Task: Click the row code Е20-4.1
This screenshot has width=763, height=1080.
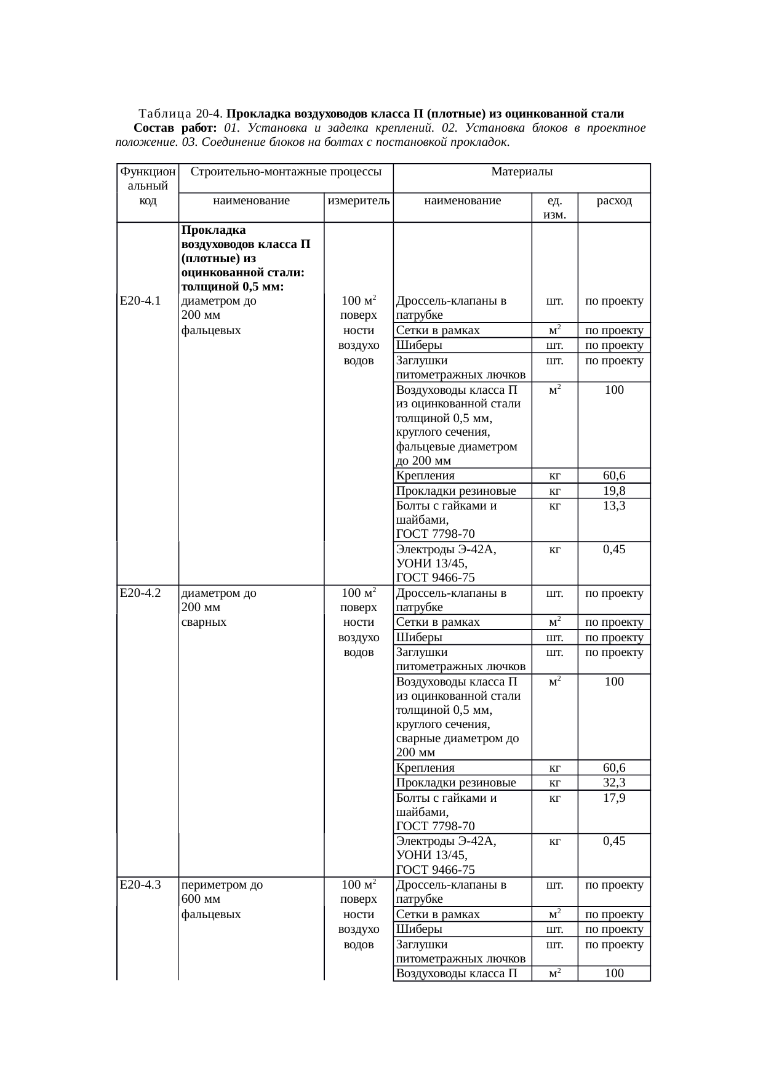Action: click(x=140, y=301)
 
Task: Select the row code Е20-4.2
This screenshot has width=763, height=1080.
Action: click(x=140, y=593)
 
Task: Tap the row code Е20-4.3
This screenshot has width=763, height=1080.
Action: click(x=140, y=885)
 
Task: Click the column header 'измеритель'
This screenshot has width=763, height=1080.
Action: click(x=359, y=201)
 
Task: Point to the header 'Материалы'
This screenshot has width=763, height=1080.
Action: click(x=521, y=171)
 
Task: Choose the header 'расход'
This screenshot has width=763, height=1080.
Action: click(x=613, y=201)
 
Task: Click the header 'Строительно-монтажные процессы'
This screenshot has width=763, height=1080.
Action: click(x=286, y=171)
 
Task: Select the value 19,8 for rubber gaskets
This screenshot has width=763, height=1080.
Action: click(x=614, y=490)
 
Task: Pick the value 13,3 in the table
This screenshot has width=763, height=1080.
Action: click(x=614, y=505)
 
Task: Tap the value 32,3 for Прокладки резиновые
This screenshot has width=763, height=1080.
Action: click(x=614, y=783)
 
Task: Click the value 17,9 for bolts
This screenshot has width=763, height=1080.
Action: click(x=614, y=798)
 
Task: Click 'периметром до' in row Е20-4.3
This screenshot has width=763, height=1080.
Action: click(x=222, y=885)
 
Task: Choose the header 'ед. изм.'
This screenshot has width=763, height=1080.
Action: click(x=554, y=207)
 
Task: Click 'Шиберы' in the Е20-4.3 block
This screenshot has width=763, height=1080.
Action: click(x=419, y=929)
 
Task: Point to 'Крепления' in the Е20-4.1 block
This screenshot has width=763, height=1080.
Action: click(x=425, y=476)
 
